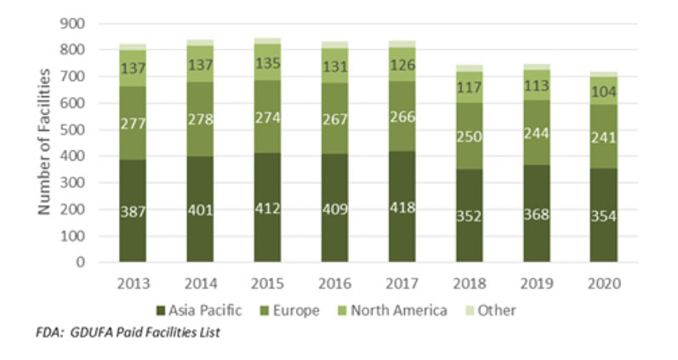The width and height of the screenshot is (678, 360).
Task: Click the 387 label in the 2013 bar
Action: pos(133,211)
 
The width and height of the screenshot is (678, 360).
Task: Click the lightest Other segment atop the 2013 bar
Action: pos(133,47)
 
